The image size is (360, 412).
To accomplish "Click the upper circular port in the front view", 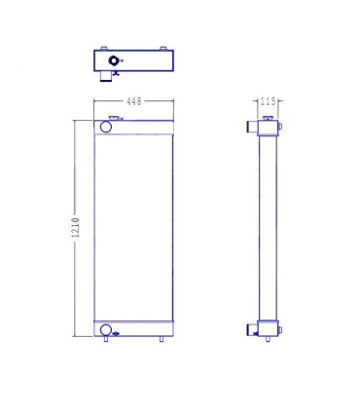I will [105, 127].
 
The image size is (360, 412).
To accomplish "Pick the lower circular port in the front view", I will [105, 328].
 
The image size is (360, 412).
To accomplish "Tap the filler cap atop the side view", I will [266, 117].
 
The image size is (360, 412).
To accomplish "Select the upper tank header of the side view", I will [268, 128].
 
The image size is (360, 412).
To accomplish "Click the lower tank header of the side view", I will [268, 328].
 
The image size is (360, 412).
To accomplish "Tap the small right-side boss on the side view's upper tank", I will [282, 127].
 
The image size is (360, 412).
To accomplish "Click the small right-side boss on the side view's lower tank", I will [282, 328].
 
